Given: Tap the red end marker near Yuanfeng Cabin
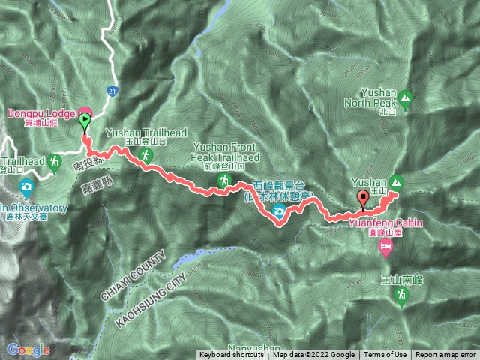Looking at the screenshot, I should [364, 199].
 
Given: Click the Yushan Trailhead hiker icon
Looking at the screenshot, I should [146, 155].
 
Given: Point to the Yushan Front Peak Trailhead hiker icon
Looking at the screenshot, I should [224, 181].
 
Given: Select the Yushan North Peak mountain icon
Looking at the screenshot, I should [406, 97].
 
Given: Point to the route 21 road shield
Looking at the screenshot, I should [111, 91].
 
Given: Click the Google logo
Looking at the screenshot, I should [28, 349].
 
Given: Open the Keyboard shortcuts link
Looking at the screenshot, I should [231, 355].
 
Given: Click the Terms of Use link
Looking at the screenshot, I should [385, 355].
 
